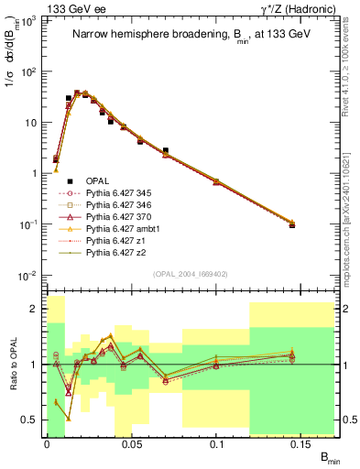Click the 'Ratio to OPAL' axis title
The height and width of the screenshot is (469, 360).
pos(13,365)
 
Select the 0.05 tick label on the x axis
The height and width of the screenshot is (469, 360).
pos(132,443)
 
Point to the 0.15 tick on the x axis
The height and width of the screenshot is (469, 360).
pos(302,443)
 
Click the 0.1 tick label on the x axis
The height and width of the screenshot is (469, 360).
pos(218,443)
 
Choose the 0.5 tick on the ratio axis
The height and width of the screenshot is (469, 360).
pos(32,420)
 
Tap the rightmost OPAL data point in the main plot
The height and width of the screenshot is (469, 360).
pos(292,224)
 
